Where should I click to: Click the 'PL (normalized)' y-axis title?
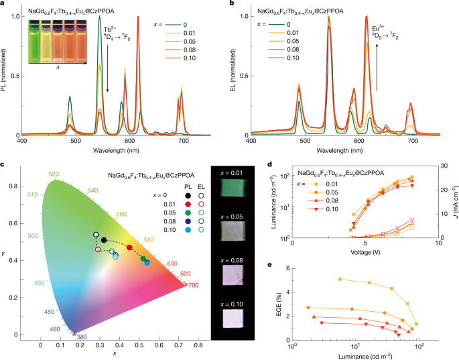[5, 72]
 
